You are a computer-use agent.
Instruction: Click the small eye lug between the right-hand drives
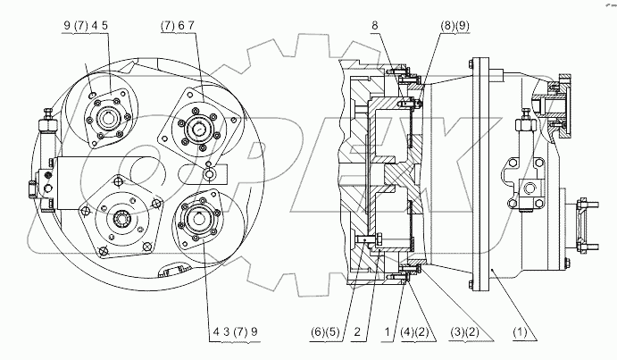211,174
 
